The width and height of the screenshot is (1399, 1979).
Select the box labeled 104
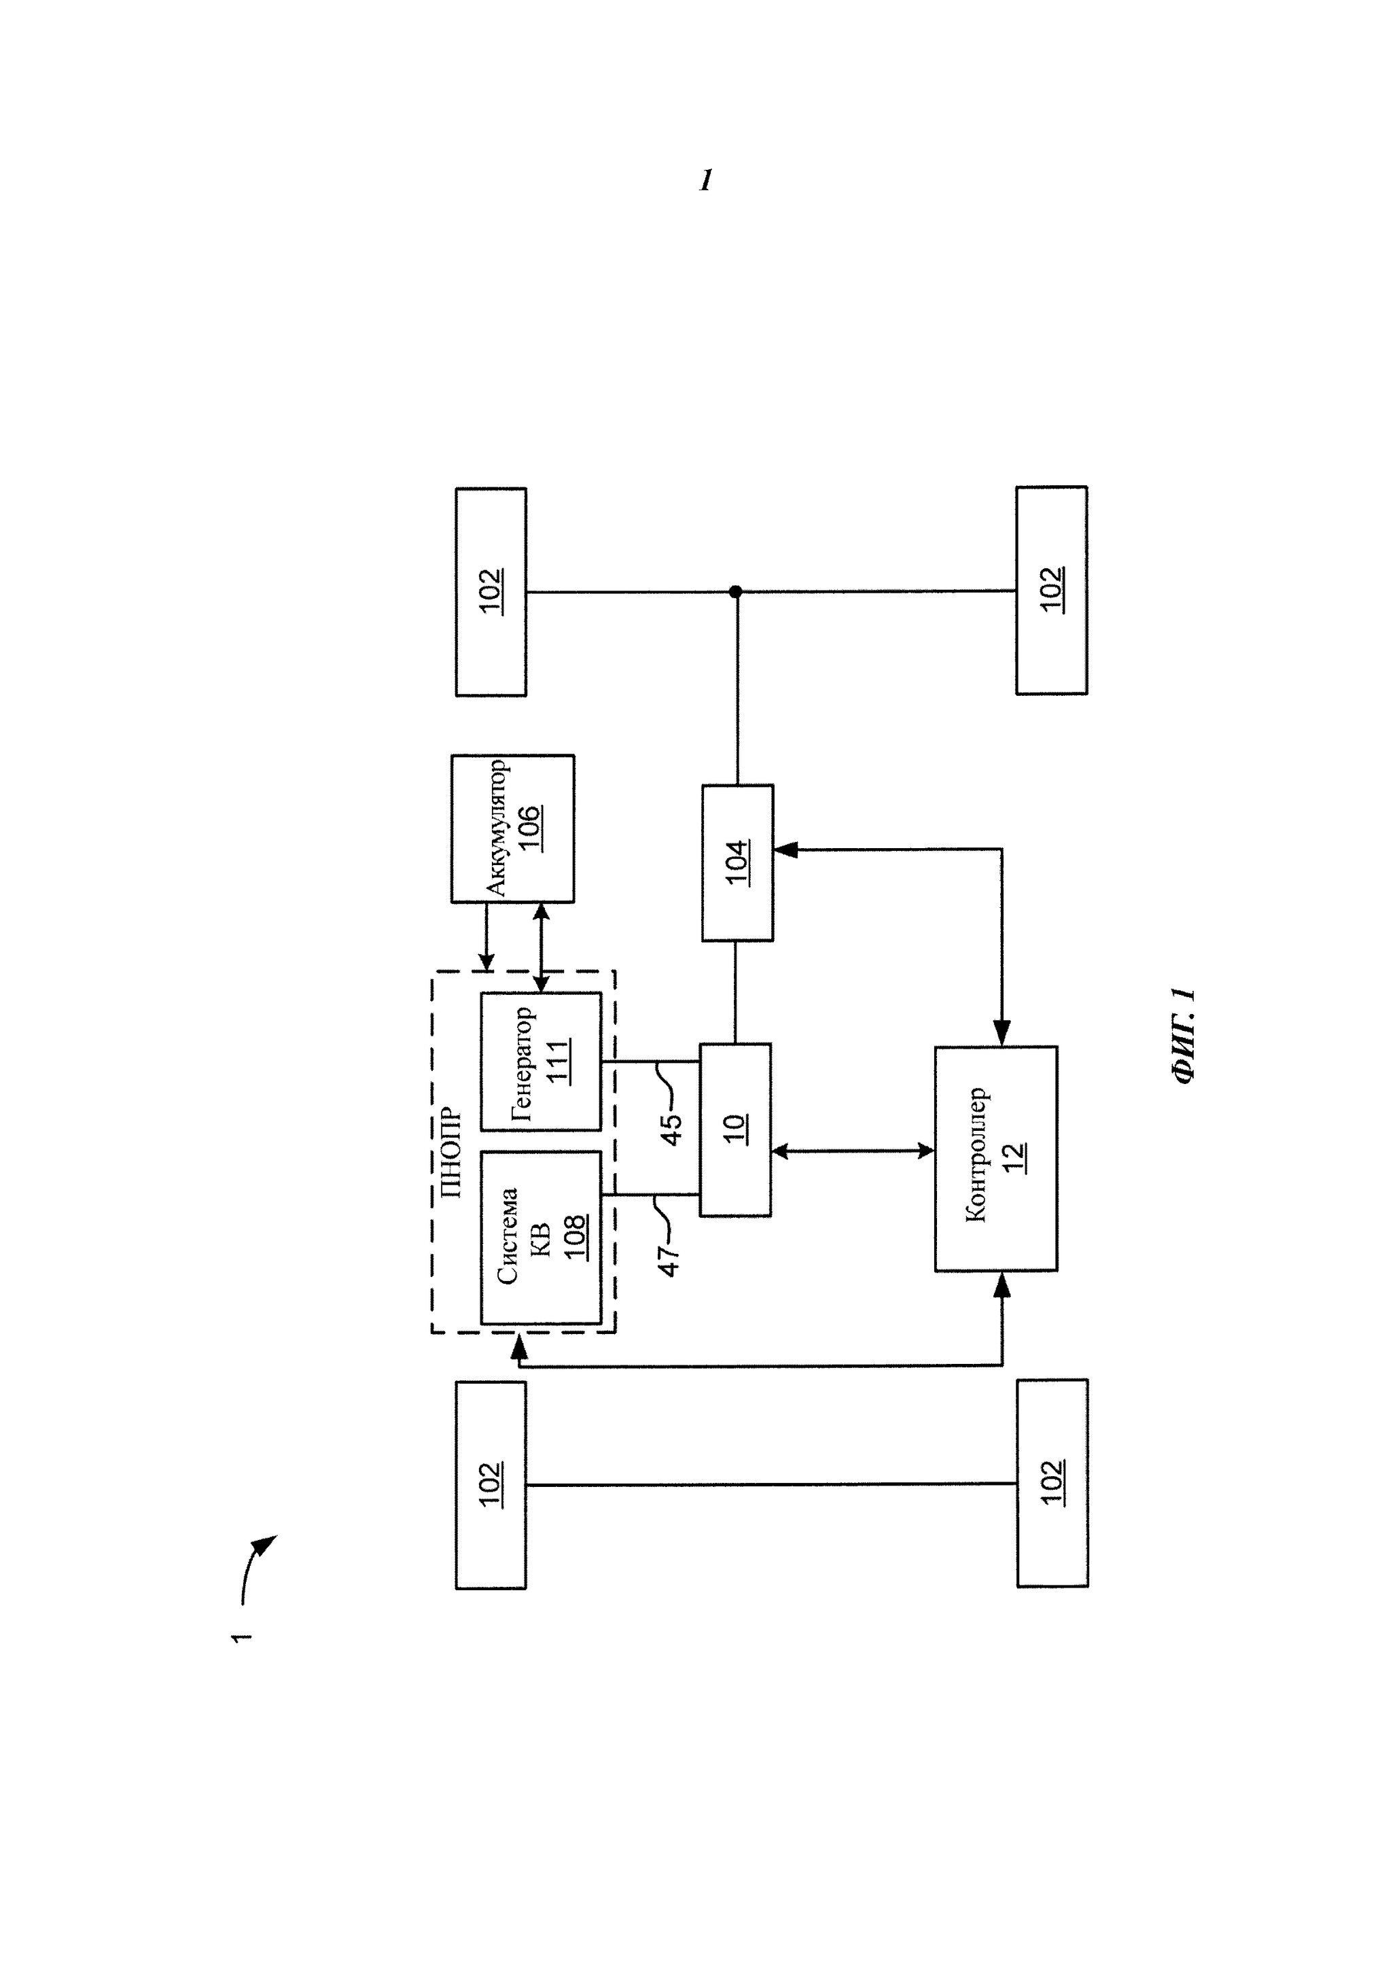737,862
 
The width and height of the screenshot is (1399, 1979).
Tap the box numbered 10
734,1129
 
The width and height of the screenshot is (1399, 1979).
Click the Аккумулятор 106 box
512,828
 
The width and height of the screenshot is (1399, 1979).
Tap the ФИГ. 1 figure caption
1184,1034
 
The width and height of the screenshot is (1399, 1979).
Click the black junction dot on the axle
735,591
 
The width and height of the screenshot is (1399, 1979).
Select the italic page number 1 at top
706,180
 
